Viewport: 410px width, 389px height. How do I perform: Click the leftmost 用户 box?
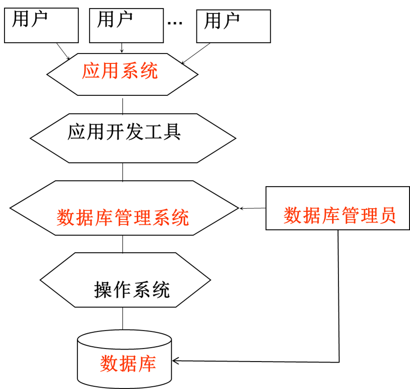41,25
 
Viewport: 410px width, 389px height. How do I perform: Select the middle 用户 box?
126,25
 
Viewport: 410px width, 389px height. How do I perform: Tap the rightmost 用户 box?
233,26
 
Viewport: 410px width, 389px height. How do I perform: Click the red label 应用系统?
120,72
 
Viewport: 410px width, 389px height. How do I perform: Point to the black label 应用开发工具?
124,132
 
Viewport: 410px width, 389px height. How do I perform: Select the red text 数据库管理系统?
123,218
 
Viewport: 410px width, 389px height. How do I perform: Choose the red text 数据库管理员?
339,216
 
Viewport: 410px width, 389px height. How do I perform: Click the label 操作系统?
132,290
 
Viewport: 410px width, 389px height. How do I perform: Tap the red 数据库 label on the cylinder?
128,364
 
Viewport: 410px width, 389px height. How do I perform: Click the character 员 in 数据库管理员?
388,216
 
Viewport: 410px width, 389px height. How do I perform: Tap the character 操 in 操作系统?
103,290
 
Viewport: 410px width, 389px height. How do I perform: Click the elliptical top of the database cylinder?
125,341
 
